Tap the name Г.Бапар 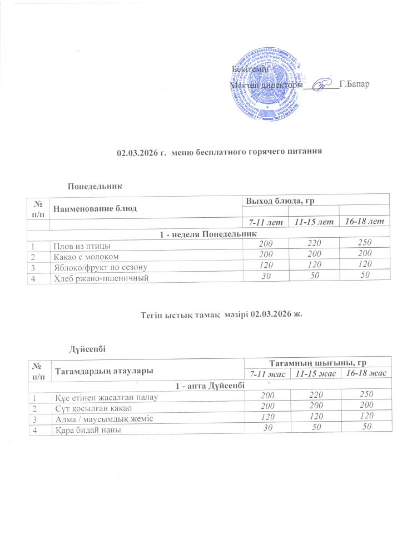click(x=354, y=85)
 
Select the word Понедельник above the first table click(x=95, y=184)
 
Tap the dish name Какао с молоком click(x=88, y=256)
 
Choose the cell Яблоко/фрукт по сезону click(x=100, y=266)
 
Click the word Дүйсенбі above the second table click(x=88, y=348)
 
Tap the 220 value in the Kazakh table click(x=316, y=394)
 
